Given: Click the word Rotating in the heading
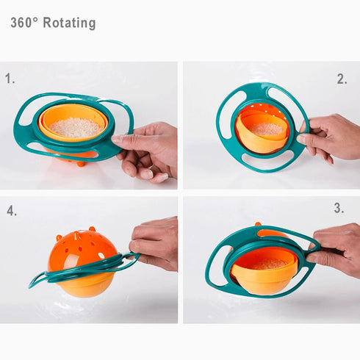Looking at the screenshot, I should pyautogui.click(x=69, y=23).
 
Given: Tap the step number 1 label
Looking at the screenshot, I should pyautogui.click(x=10, y=78).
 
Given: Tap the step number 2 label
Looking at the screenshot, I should pyautogui.click(x=342, y=79).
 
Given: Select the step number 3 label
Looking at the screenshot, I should pyautogui.click(x=338, y=209).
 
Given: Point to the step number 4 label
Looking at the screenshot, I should pyautogui.click(x=12, y=211).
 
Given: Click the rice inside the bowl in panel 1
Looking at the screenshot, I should pyautogui.click(x=73, y=127).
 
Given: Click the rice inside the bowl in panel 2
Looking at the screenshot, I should pyautogui.click(x=266, y=129).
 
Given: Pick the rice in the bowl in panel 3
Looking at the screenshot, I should pyautogui.click(x=269, y=263).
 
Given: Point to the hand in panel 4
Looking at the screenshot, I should pyautogui.click(x=154, y=242).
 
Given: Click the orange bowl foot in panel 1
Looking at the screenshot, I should pyautogui.click(x=82, y=162).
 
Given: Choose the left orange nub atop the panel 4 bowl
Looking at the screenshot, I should pyautogui.click(x=58, y=237).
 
